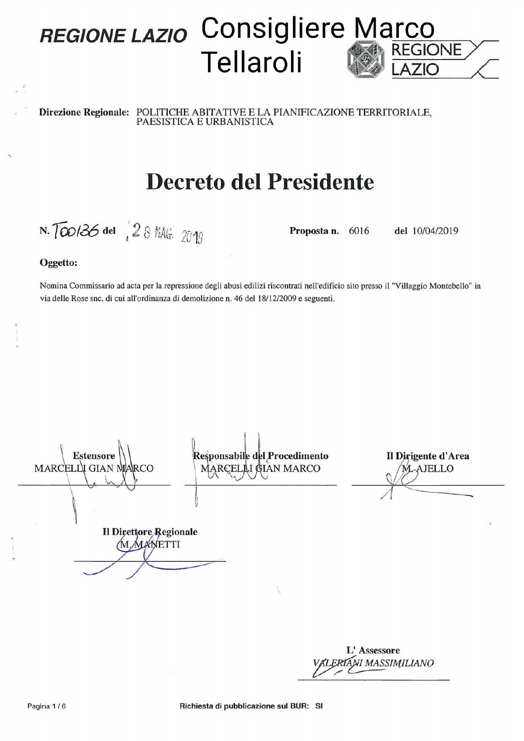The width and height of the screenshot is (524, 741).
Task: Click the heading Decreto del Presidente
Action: tap(260, 182)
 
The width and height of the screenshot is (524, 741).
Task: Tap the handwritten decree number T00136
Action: tap(76, 230)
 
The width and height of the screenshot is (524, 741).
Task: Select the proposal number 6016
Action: tap(359, 231)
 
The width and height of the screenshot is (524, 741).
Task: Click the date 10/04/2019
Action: tap(435, 231)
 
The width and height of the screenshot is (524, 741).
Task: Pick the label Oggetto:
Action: tap(58, 263)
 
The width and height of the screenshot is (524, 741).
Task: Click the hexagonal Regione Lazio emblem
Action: tap(366, 60)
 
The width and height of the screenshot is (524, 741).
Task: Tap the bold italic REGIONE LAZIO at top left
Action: tap(113, 36)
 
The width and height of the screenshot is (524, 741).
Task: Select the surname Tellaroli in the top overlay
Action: tap(252, 62)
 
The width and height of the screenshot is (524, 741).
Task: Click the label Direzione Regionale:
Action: tap(84, 112)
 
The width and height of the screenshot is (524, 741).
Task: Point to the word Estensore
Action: tap(94, 456)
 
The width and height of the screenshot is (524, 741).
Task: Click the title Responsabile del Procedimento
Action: tap(261, 456)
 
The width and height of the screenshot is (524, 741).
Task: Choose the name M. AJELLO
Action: tap(428, 468)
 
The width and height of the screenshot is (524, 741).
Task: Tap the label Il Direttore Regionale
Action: tap(150, 532)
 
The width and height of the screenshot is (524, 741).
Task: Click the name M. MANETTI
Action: tap(150, 544)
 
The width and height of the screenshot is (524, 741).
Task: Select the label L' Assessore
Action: tap(373, 651)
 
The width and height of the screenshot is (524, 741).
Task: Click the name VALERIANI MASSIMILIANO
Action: tap(373, 663)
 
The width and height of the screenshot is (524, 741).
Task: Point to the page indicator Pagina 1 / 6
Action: tap(46, 706)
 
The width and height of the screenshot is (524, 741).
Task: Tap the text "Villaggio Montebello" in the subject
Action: tap(431, 286)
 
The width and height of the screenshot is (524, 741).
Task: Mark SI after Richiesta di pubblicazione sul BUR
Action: tap(319, 706)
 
